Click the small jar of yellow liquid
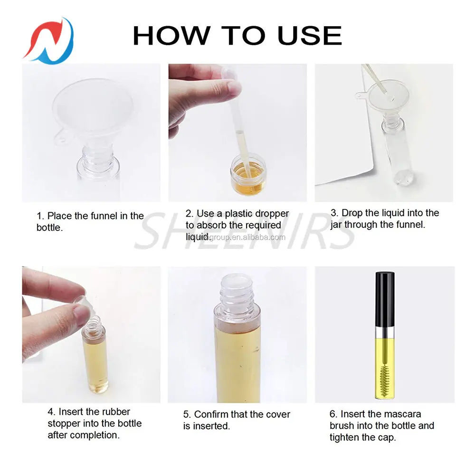tap(248, 175)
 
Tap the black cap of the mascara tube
tap(384, 299)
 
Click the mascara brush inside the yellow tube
tap(384, 375)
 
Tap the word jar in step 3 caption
tap(337, 225)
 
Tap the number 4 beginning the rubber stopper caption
tap(50, 412)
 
